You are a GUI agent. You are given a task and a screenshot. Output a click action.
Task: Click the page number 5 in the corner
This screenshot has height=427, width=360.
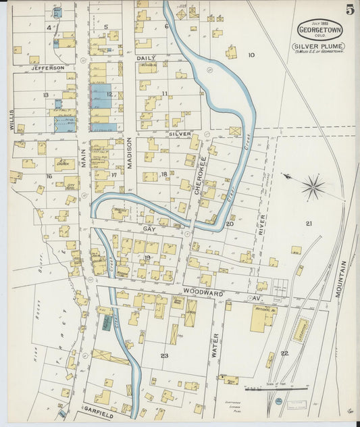coord(350,9)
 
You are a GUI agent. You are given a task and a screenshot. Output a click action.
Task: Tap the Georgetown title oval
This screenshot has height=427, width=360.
coord(319,30)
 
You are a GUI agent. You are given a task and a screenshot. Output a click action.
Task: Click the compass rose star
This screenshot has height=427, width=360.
coord(313,187)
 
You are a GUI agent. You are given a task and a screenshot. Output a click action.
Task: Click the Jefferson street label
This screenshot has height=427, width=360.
coord(46,68)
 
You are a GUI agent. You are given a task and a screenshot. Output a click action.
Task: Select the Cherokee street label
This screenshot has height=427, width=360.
coord(202,176)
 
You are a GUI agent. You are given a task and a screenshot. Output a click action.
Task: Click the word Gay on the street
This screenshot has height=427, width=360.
coord(149,230)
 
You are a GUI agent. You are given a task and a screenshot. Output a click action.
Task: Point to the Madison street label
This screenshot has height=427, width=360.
coord(128,157)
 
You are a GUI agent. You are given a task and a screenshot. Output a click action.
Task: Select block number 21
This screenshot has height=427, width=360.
coord(309,224)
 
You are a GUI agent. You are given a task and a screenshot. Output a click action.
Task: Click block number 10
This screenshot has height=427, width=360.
coord(251,55)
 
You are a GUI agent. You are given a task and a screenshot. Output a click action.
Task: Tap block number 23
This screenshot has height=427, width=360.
coord(163,355)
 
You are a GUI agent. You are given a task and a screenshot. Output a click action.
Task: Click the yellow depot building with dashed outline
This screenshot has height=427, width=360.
coord(301,330)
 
